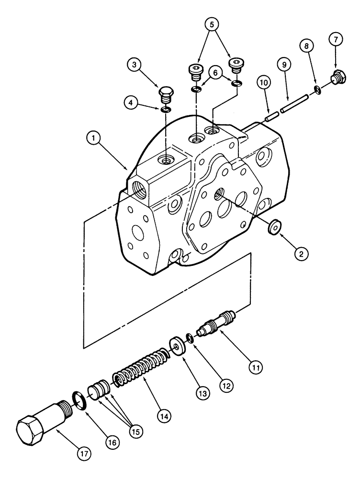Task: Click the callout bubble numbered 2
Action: click(x=301, y=254)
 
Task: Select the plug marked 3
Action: click(x=165, y=94)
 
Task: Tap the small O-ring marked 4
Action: click(x=165, y=110)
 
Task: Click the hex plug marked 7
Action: click(x=336, y=78)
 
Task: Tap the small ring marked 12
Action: click(x=190, y=338)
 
